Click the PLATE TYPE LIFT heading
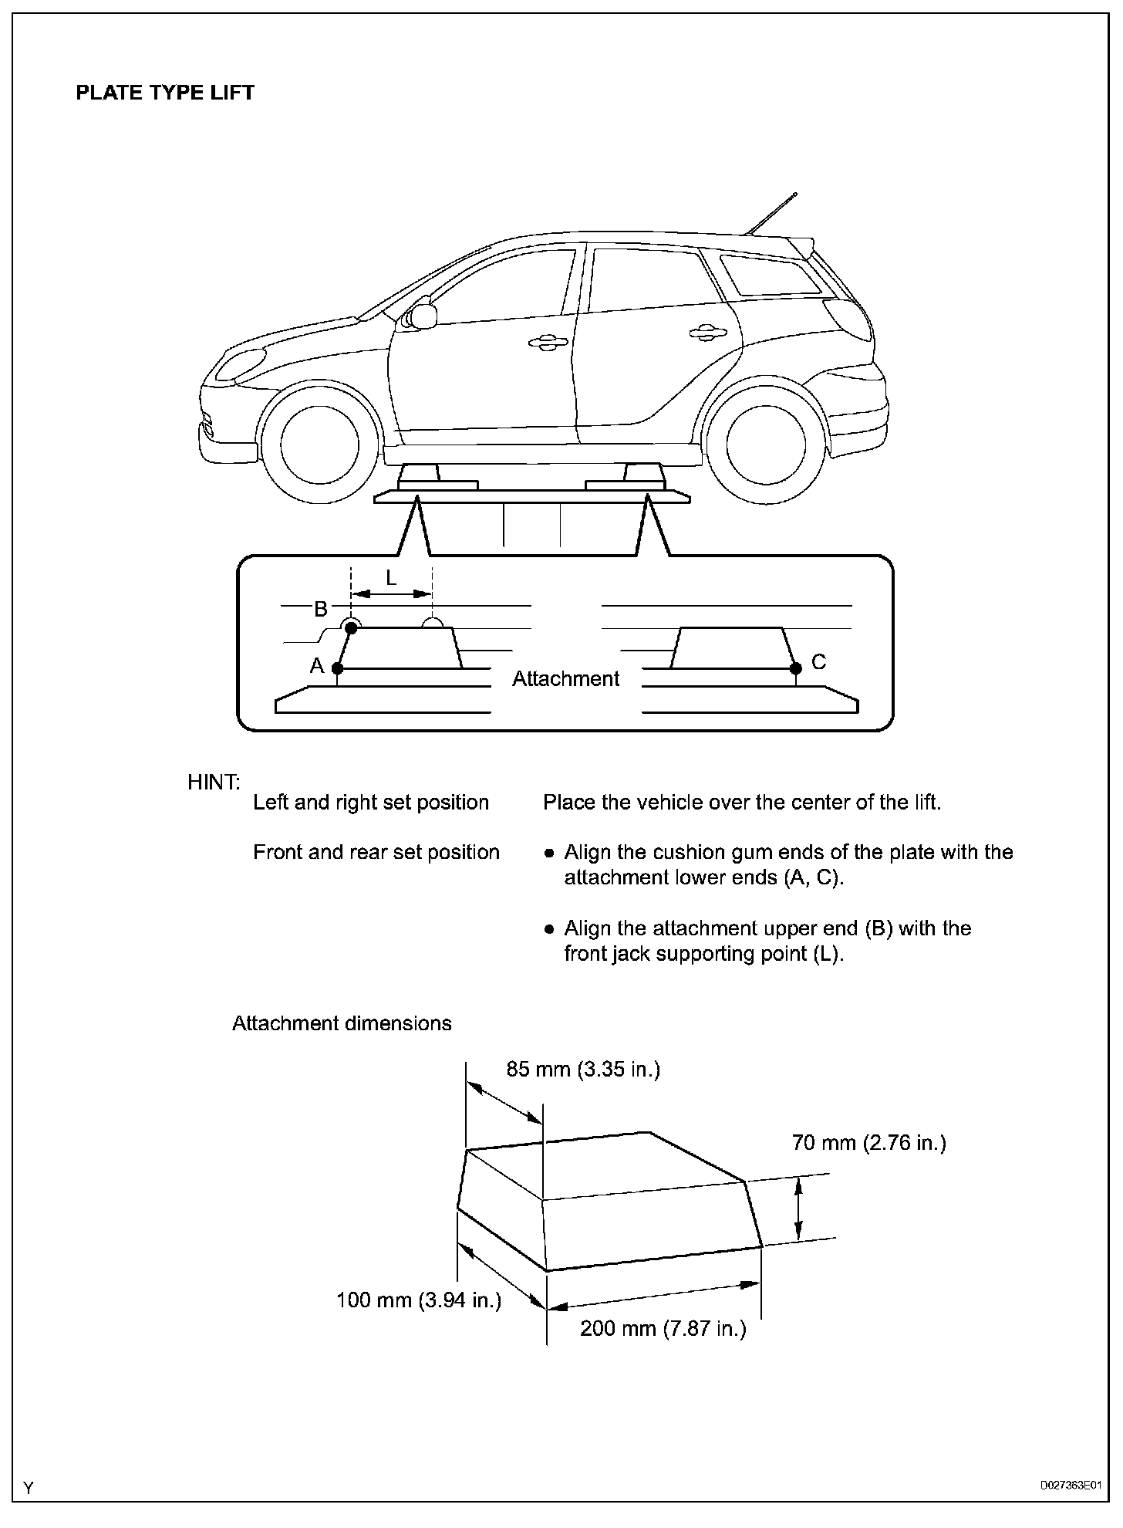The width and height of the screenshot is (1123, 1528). (165, 93)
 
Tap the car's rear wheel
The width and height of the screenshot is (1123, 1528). (766, 445)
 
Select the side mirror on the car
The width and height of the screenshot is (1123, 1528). (423, 315)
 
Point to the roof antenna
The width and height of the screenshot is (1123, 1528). (771, 213)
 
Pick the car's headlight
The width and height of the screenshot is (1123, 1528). (240, 365)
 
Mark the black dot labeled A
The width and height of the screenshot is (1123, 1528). (337, 668)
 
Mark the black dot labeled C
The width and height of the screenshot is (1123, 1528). (796, 668)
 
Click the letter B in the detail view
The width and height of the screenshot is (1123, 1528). (321, 610)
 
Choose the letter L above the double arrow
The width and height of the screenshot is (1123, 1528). (391, 578)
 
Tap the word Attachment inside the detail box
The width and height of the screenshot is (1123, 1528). (565, 679)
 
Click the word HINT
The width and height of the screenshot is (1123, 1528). (214, 783)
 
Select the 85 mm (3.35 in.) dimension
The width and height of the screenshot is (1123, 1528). (583, 1070)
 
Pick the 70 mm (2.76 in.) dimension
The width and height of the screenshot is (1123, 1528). (868, 1143)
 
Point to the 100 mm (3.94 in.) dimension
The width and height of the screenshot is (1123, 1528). (419, 1300)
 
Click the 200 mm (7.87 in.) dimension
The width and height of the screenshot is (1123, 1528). (663, 1329)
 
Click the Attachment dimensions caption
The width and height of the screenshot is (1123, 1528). (342, 1023)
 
